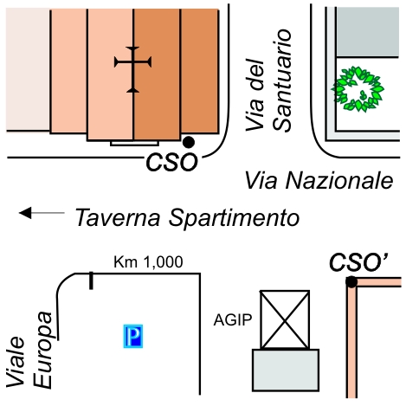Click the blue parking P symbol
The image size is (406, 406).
point(133,336)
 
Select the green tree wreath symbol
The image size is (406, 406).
point(358,89)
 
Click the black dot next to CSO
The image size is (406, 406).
point(189,142)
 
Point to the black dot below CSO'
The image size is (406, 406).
point(351,282)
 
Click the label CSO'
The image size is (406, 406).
point(358,262)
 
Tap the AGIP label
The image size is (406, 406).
point(233,320)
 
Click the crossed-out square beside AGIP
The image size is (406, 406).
point(285,319)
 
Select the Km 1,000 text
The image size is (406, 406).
point(148,262)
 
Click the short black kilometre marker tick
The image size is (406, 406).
point(91,280)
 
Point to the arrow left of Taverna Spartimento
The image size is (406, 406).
point(42,213)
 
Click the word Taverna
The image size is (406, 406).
point(118,217)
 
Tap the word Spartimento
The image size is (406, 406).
point(234,218)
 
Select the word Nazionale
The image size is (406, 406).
point(339,181)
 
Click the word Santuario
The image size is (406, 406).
point(282,81)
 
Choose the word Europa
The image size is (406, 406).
point(43,350)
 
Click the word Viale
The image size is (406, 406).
point(16,362)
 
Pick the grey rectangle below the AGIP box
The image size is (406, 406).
point(286,371)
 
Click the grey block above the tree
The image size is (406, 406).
point(368,32)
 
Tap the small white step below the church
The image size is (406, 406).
point(134,143)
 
